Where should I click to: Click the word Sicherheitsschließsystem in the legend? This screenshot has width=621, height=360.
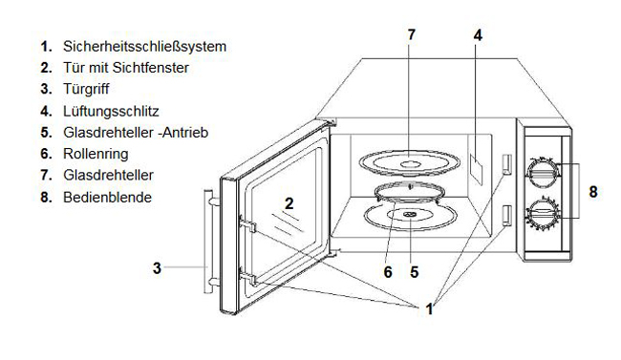click(144, 47)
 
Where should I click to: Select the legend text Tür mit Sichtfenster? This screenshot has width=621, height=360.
click(126, 68)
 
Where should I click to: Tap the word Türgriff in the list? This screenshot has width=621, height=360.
click(86, 89)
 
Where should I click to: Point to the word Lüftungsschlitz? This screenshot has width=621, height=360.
click(111, 111)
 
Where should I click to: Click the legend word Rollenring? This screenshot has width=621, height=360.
click(96, 154)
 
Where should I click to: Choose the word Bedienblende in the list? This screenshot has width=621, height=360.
click(107, 197)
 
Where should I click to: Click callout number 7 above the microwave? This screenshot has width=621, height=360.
click(412, 34)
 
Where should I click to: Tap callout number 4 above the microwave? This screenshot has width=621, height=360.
click(478, 35)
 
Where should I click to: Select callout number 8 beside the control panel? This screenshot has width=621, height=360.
click(593, 192)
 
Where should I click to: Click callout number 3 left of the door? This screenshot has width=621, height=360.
click(158, 268)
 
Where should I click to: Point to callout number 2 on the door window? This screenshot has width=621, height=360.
click(289, 203)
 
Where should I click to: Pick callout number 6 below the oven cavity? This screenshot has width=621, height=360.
click(388, 272)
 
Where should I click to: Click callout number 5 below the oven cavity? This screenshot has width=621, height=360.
click(415, 272)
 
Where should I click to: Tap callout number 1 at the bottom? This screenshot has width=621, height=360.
click(429, 308)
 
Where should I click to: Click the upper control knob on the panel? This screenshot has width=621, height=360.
click(543, 172)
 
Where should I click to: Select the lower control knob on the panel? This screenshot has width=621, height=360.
click(543, 214)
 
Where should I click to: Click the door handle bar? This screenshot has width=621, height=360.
click(208, 242)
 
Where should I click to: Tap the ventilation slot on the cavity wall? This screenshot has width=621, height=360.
click(477, 170)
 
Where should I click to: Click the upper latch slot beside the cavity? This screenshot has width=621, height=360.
click(507, 164)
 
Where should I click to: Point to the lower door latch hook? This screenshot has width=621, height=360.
click(248, 278)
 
